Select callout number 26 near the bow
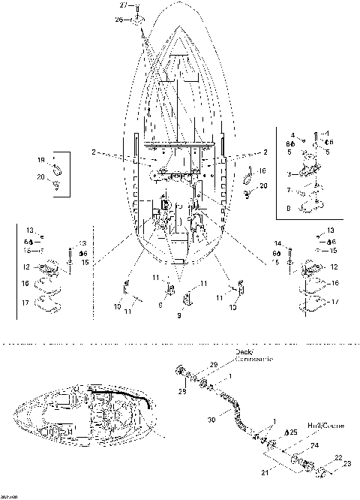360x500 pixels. pyautogui.click(x=118, y=20)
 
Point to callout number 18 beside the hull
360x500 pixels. pyautogui.click(x=262, y=172)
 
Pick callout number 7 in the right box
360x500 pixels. pyautogui.click(x=288, y=191)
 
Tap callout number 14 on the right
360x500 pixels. pyautogui.click(x=276, y=242)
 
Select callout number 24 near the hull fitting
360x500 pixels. pyautogui.click(x=314, y=444)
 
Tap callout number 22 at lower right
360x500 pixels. pyautogui.click(x=337, y=458)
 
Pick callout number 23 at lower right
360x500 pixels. pyautogui.click(x=346, y=464)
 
